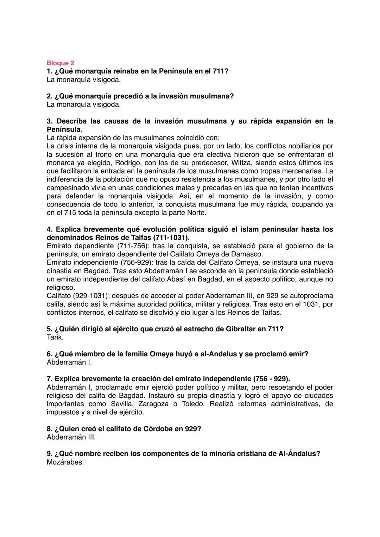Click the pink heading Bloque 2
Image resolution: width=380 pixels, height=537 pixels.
[x=60, y=63]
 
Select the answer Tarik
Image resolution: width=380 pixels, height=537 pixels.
[x=55, y=337]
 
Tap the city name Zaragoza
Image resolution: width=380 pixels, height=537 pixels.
[x=153, y=404]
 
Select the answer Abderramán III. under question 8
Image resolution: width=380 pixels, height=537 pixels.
[x=71, y=437]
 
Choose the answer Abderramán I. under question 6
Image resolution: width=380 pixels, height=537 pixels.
[x=69, y=362]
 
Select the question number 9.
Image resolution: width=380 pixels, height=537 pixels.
[x=50, y=454]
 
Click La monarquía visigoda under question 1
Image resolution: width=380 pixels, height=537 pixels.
[x=83, y=79]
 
